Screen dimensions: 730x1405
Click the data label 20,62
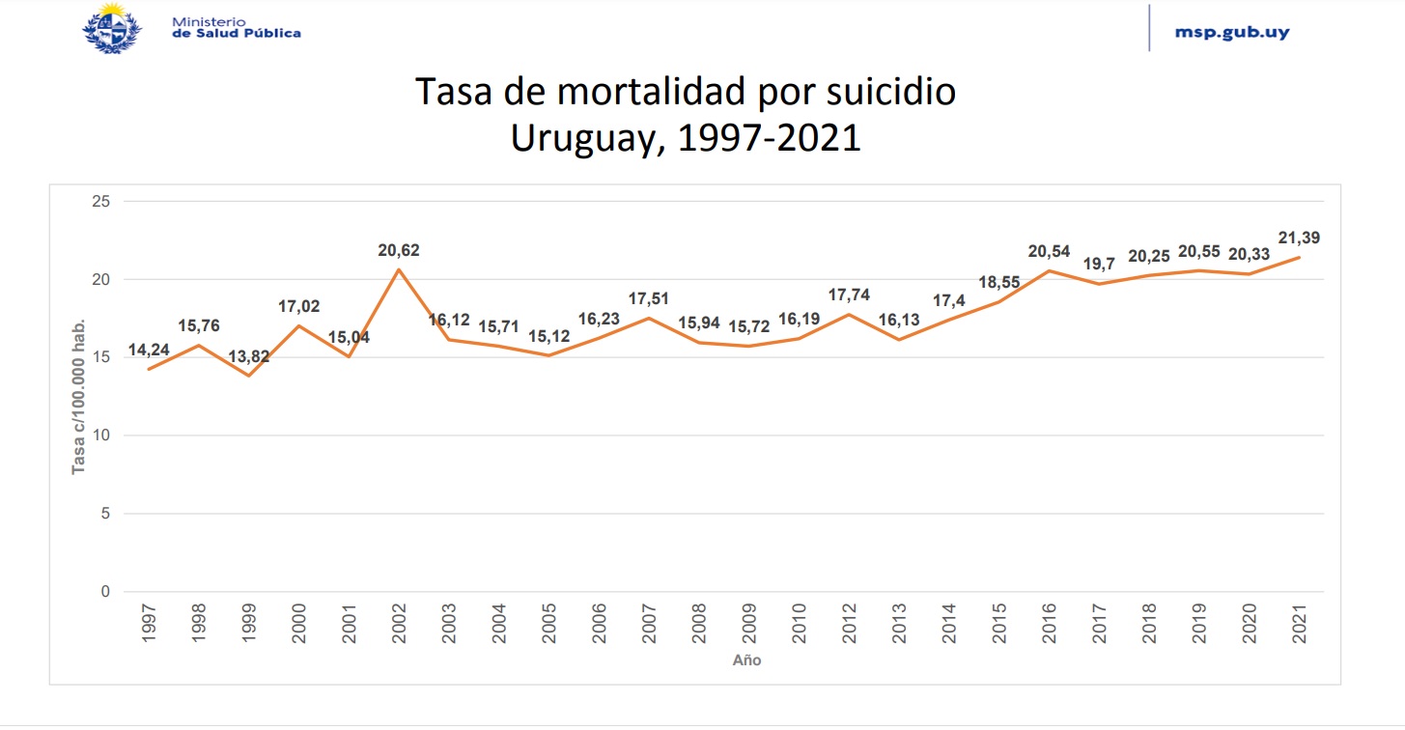pos(399,251)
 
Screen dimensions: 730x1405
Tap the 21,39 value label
pos(1299,238)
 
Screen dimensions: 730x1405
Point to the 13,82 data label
pos(248,357)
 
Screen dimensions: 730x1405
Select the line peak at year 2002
pos(399,268)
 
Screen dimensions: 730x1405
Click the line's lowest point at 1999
pos(248,375)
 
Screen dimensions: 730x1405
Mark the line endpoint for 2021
pos(1299,257)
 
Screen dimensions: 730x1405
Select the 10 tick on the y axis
pos(103,435)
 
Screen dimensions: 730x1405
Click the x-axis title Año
pos(746,661)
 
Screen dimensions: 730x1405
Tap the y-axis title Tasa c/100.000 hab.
pos(79,396)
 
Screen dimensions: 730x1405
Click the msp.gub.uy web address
pos(1231,32)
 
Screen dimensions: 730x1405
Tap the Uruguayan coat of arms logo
pos(113,27)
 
